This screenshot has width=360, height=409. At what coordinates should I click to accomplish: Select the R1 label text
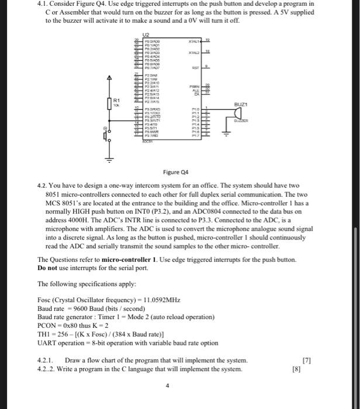[117, 101]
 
